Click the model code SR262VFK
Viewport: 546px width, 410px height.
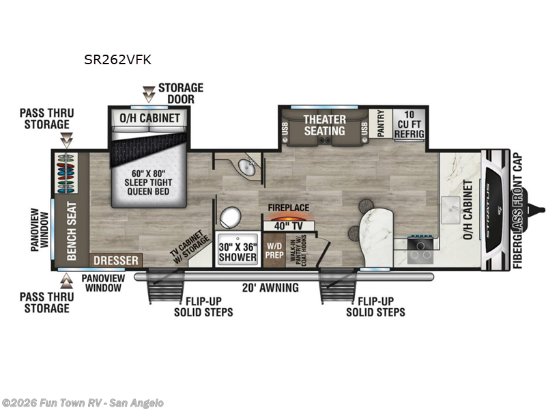coord(117,59)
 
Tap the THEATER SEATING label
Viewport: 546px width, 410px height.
coord(325,124)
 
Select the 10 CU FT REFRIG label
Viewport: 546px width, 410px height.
coord(409,124)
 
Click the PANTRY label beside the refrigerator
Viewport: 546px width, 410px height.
coord(381,124)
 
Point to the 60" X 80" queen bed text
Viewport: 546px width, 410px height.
coord(148,178)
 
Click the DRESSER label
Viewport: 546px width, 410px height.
coord(117,260)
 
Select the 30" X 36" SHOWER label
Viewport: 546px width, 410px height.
coord(238,251)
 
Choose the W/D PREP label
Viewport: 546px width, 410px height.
coord(274,251)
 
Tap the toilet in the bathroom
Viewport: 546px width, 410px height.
coord(231,217)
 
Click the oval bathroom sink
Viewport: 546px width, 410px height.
coord(246,166)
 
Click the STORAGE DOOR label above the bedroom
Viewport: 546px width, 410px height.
coord(180,94)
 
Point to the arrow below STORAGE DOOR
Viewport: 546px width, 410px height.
coord(148,94)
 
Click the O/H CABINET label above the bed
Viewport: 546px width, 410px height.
coord(150,118)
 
